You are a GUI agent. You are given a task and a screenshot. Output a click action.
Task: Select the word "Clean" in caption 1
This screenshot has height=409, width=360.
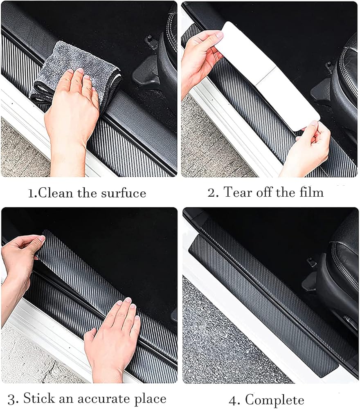(x=56, y=193)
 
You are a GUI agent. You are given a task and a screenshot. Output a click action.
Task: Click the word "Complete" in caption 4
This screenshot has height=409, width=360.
(x=274, y=400)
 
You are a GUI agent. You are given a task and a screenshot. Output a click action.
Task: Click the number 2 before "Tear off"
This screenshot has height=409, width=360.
(x=211, y=193)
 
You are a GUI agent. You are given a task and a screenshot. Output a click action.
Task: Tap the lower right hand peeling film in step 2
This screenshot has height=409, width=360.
(x=305, y=149)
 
